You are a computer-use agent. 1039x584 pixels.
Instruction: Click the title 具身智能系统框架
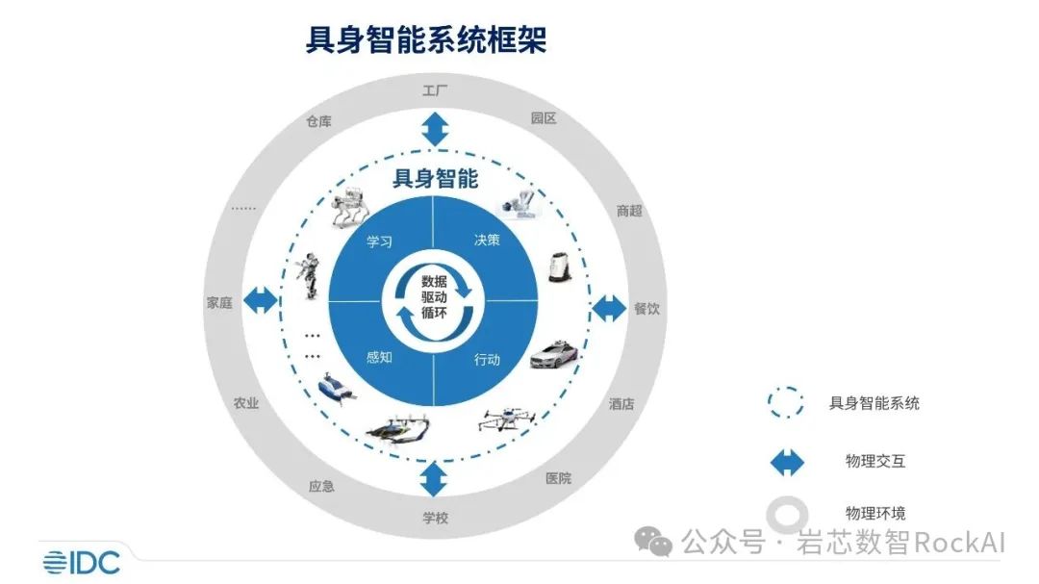point(425,39)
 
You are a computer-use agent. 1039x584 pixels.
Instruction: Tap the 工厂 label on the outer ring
point(435,90)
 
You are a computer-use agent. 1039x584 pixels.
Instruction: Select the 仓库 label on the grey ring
point(318,121)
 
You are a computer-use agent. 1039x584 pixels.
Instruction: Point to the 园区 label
point(544,118)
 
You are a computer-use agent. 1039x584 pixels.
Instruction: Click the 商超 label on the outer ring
point(629,211)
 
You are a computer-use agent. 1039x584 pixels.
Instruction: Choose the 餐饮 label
point(646,308)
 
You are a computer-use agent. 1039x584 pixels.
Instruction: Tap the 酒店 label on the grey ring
point(621,404)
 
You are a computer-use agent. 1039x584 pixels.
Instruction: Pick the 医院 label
point(558,478)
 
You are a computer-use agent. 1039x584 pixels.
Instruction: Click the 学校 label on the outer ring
point(436,518)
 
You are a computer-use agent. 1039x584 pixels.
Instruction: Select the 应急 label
point(321,486)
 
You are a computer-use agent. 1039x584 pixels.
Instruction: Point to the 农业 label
point(246,403)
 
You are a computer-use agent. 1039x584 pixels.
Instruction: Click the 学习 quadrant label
point(379,241)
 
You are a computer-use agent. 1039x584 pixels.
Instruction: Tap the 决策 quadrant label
point(487,240)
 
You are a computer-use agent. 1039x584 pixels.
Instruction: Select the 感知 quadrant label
point(379,357)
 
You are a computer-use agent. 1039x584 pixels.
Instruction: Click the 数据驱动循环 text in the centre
point(434,297)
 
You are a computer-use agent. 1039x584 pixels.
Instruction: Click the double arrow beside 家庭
point(261,300)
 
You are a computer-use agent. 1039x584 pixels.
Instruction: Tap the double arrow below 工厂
point(435,129)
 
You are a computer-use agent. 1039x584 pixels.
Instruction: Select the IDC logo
point(82,562)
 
